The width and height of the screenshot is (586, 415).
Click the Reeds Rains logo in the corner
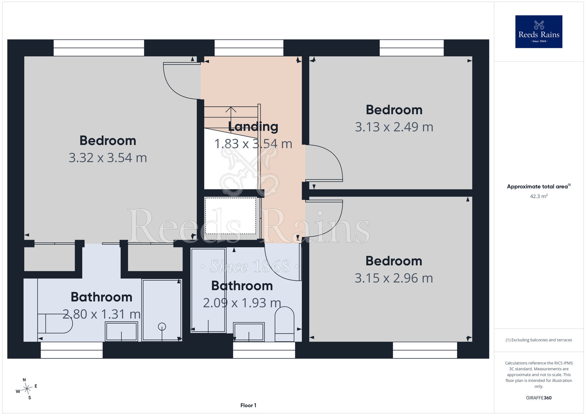pyautogui.click(x=539, y=32)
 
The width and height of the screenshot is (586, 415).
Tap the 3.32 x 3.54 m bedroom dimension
pyautogui.click(x=108, y=158)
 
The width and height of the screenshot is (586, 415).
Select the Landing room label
pyautogui.click(x=253, y=127)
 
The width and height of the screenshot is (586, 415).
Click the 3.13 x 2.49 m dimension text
pyautogui.click(x=394, y=127)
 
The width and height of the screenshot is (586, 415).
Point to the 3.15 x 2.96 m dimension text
pyautogui.click(x=394, y=278)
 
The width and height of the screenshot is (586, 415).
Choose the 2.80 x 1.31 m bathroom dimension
pyautogui.click(x=102, y=314)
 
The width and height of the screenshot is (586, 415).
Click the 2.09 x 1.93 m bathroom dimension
pyautogui.click(x=242, y=303)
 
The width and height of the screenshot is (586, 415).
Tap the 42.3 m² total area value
pyautogui.click(x=539, y=196)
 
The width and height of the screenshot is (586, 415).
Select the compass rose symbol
pyautogui.click(x=27, y=389)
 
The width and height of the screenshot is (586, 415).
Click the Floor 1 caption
pyautogui.click(x=248, y=405)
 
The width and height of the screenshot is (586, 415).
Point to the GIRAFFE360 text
pyautogui.click(x=539, y=398)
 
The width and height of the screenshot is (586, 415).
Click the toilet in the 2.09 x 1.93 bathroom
pyautogui.click(x=285, y=324)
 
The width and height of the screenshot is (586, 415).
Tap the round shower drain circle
pyautogui.click(x=162, y=326)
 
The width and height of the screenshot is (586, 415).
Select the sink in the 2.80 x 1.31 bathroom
pyautogui.click(x=121, y=331)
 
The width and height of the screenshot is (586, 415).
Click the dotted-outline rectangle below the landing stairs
pyautogui.click(x=230, y=216)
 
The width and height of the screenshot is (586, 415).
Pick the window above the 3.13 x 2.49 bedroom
pyautogui.click(x=412, y=48)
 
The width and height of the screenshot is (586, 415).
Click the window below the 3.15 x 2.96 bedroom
pyautogui.click(x=425, y=350)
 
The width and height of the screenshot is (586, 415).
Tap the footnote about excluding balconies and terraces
pyautogui.click(x=539, y=340)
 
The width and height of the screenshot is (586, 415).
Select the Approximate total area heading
pyautogui.click(x=539, y=186)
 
